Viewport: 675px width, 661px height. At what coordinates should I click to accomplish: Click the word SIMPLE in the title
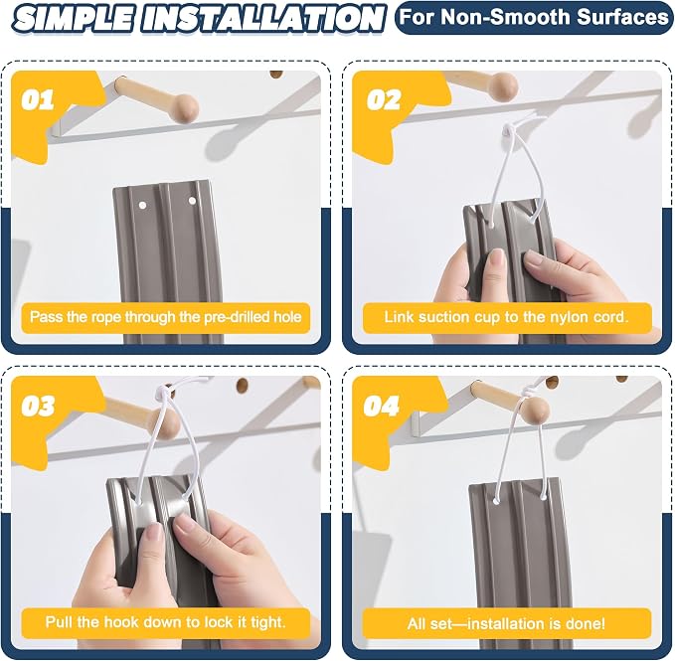(x=74, y=19)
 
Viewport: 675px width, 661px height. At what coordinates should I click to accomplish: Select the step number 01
(x=38, y=99)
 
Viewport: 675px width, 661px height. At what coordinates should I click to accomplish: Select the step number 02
(x=383, y=99)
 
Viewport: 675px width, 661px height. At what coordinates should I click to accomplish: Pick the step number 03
(x=38, y=406)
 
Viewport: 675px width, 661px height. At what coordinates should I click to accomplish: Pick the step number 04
(x=381, y=406)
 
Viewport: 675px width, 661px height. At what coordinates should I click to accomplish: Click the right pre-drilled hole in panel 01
(x=192, y=201)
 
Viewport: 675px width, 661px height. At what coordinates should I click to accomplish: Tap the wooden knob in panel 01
(x=183, y=107)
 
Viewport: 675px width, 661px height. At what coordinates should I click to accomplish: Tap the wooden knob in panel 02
(x=503, y=84)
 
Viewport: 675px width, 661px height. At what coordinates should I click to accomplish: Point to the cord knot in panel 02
(x=509, y=128)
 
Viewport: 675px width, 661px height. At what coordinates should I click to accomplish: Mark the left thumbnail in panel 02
(x=497, y=259)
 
